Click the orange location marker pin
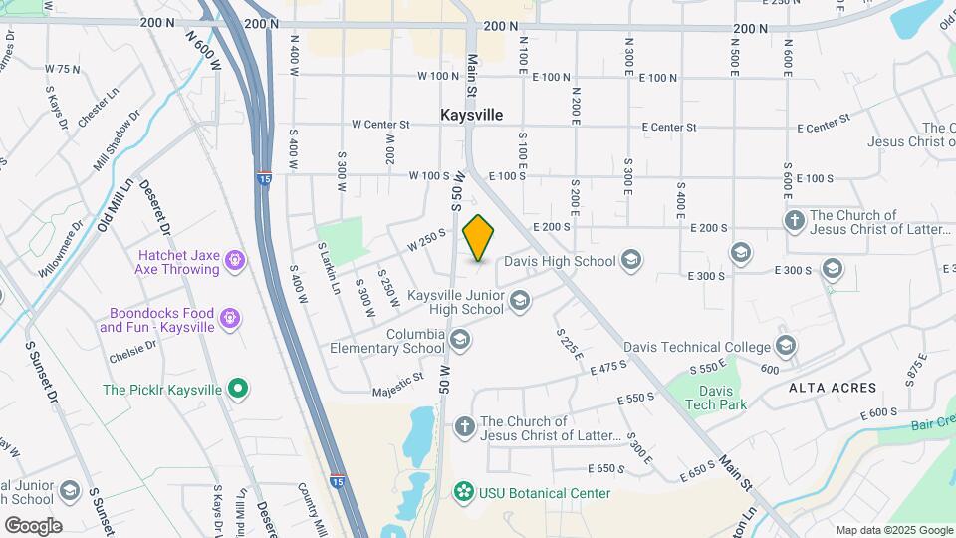[x=479, y=239]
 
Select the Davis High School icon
[x=629, y=261]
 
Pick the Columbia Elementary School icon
[x=459, y=341]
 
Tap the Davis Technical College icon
[x=786, y=346]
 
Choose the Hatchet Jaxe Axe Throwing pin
[x=235, y=261]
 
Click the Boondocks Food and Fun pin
[x=231, y=319]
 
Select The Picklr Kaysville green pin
[x=238, y=389]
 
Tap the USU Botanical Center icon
[x=463, y=492]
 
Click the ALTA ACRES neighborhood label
[x=833, y=387]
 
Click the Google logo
[x=33, y=525]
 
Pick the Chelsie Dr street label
[x=135, y=348]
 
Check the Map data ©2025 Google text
[x=893, y=530]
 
